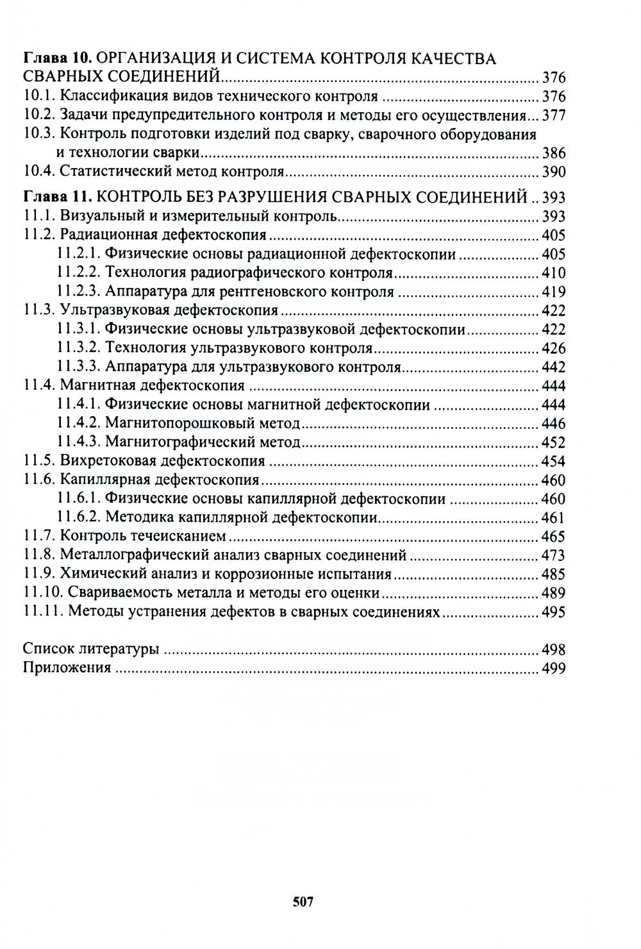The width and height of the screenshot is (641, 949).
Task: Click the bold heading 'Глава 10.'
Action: pos(58,59)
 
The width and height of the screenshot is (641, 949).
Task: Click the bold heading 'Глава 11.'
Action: pos(58,197)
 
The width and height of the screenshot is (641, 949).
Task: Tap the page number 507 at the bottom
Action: pos(303,902)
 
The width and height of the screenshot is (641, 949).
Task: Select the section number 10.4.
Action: pos(39,172)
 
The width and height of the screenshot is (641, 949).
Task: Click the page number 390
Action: pos(554,172)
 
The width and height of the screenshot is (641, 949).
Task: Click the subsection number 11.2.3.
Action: pos(78,292)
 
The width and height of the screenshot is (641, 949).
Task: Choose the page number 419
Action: pos(554,292)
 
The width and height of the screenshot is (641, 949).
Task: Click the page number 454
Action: pos(554,461)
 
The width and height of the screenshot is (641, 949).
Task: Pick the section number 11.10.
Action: pos(43,593)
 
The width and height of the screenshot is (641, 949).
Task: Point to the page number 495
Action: pos(554,612)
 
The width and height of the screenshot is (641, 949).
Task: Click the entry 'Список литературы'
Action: pos(90,649)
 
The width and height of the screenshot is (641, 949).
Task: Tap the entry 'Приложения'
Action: pos(67,668)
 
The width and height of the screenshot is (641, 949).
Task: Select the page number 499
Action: pos(554,668)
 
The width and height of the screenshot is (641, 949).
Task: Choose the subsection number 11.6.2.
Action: pos(78,517)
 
